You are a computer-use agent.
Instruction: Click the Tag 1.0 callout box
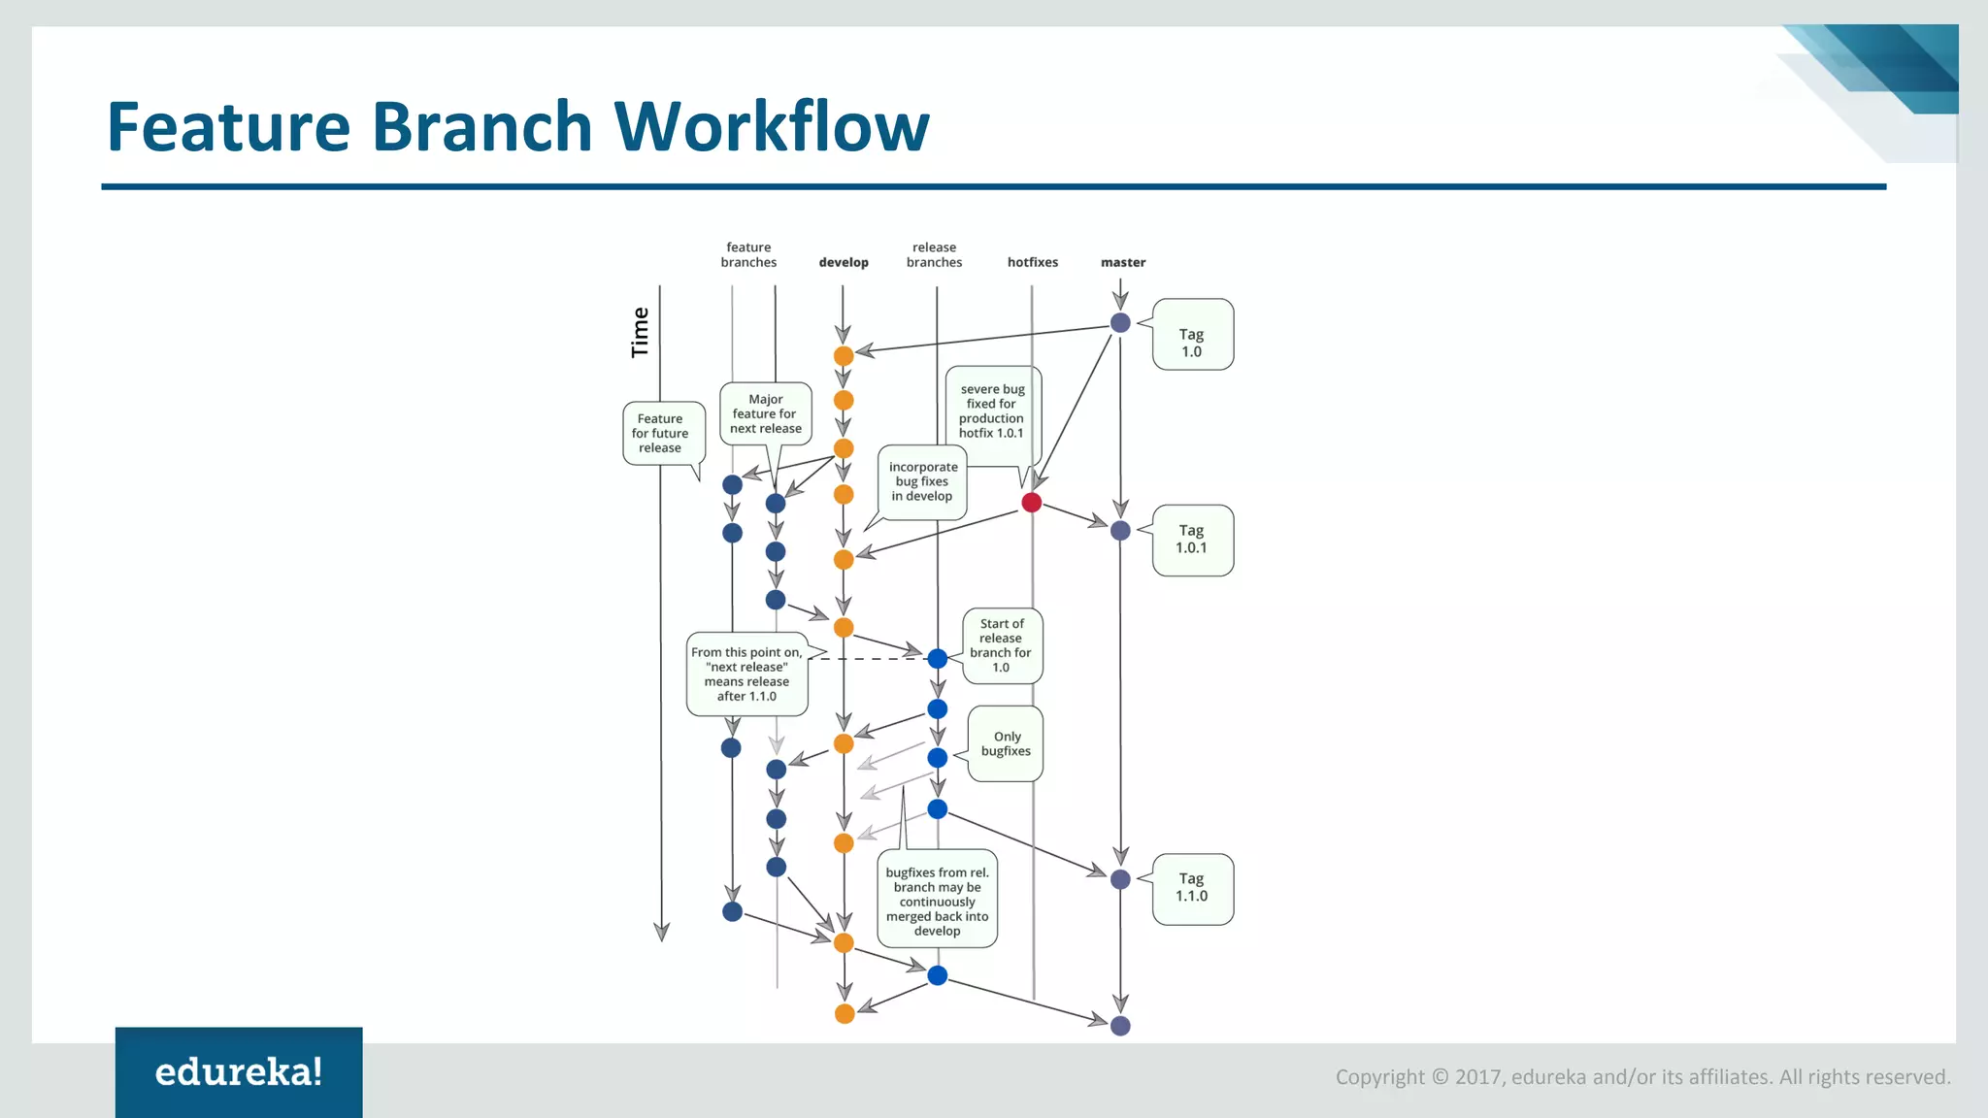pyautogui.click(x=1192, y=335)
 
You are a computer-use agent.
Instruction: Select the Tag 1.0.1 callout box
pyautogui.click(x=1192, y=541)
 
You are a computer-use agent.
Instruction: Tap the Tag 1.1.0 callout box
pyautogui.click(x=1192, y=889)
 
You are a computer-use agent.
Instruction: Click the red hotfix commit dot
pyautogui.click(x=1032, y=503)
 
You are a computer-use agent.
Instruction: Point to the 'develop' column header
pyautogui.click(x=844, y=262)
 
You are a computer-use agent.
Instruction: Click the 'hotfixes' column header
pyautogui.click(x=1033, y=262)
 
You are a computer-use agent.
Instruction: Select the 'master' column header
pyautogui.click(x=1123, y=262)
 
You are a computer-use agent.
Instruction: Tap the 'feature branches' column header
pyautogui.click(x=748, y=255)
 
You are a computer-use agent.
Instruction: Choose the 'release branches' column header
pyautogui.click(x=934, y=255)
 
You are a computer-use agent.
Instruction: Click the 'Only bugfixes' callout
pyautogui.click(x=1006, y=743)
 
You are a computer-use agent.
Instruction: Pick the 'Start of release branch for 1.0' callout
pyautogui.click(x=1001, y=645)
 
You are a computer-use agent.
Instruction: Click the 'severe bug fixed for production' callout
pyautogui.click(x=992, y=411)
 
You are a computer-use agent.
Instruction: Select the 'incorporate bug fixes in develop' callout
pyautogui.click(x=923, y=481)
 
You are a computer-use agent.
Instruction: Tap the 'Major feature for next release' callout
pyautogui.click(x=766, y=413)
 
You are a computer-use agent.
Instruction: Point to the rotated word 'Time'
pyautogui.click(x=640, y=333)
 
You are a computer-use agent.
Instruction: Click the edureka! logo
pyautogui.click(x=239, y=1072)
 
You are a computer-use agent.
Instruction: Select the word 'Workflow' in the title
pyautogui.click(x=772, y=127)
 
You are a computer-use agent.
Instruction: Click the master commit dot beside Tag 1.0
pyautogui.click(x=1120, y=323)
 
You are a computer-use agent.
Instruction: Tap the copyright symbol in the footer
pyautogui.click(x=1441, y=1077)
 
